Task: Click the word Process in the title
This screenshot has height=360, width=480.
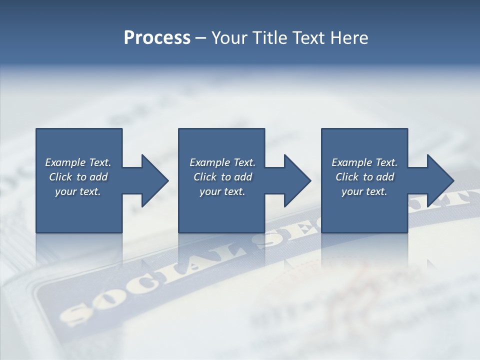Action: coord(157,38)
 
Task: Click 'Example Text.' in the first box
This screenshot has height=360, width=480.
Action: coord(78,162)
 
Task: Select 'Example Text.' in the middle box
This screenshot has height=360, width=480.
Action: coord(222,162)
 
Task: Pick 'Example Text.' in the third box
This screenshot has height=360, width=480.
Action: coord(364,162)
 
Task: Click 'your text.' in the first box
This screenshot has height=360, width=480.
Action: coord(78,191)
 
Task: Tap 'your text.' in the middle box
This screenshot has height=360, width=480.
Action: coord(222,191)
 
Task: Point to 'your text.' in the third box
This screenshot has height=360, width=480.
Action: coord(364,191)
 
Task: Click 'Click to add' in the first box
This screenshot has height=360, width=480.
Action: coord(78,177)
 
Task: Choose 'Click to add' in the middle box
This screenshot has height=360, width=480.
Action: coord(222,177)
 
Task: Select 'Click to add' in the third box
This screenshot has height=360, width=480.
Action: coord(364,177)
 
